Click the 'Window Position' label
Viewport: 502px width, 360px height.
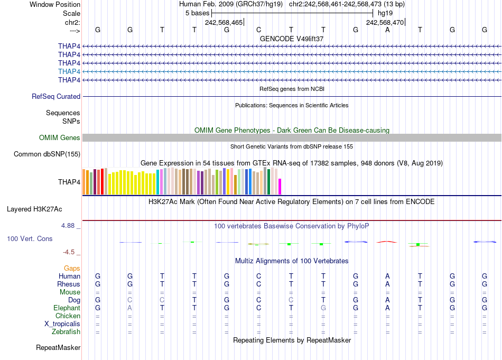(x=55, y=4)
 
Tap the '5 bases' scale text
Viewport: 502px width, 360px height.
(x=197, y=13)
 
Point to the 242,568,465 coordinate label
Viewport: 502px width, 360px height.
(x=224, y=22)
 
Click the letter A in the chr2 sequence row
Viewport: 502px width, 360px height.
(x=387, y=30)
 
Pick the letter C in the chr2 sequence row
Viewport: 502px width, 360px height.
(x=259, y=30)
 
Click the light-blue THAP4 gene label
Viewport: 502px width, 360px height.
(x=69, y=71)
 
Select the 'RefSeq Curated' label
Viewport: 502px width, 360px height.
(x=56, y=97)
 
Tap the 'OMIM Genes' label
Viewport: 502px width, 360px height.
(x=60, y=138)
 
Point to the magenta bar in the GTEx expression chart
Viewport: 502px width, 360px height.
(x=280, y=187)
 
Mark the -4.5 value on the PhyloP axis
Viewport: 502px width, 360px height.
(x=70, y=252)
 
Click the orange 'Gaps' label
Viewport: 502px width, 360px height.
(x=72, y=268)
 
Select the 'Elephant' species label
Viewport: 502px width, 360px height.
(x=67, y=308)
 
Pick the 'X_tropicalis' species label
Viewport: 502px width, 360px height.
(x=62, y=324)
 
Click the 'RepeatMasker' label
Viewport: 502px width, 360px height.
(x=58, y=348)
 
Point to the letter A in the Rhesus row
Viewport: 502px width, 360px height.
(x=387, y=284)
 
